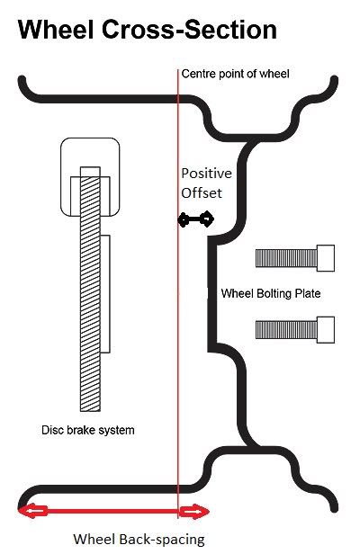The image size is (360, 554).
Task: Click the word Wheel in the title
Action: tap(56, 30)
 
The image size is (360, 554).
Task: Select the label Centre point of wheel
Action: tap(235, 74)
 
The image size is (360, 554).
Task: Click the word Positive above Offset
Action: tap(206, 174)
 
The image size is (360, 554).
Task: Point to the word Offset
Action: tap(202, 193)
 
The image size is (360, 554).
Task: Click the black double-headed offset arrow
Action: tap(196, 219)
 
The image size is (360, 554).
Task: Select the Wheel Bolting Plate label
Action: tap(271, 293)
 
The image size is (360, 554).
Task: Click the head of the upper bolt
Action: tap(326, 258)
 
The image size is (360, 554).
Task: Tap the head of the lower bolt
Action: tap(326, 330)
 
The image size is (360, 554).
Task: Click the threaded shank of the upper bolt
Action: tap(286, 258)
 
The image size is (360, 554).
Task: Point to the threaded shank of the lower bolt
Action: tap(286, 330)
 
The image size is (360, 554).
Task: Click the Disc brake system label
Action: tap(88, 430)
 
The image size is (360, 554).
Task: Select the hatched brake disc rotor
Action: tap(90, 289)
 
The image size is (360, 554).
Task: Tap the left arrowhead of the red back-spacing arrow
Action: tap(32, 511)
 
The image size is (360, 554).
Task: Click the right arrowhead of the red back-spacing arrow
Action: tap(194, 511)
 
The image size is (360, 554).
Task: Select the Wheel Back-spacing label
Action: tap(139, 540)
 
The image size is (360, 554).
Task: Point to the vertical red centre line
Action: tap(178, 294)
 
